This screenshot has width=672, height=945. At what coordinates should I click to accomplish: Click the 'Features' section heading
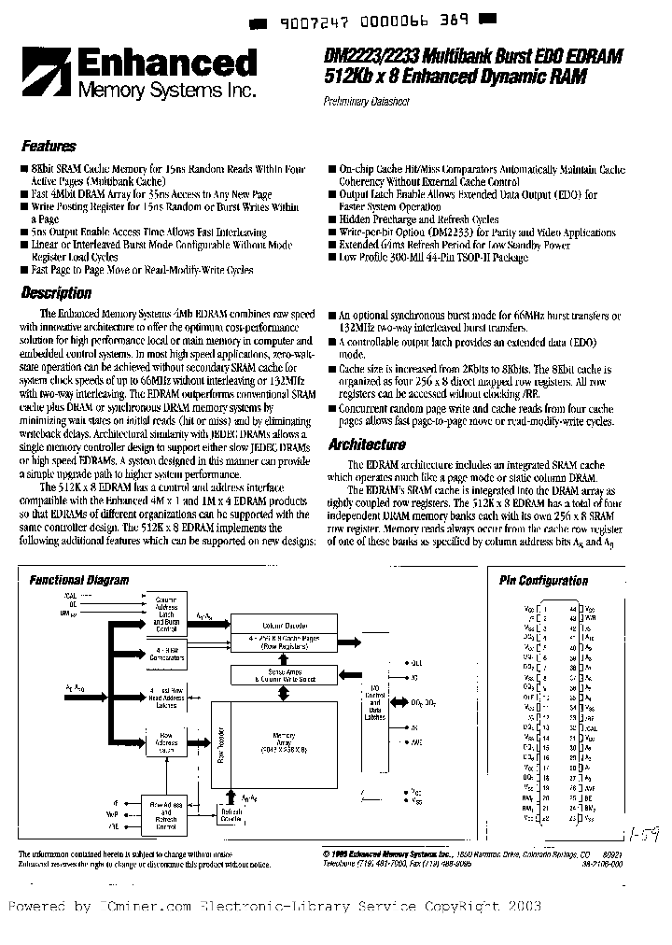pyautogui.click(x=49, y=147)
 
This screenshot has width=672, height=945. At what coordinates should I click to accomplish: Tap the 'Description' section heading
pyautogui.click(x=56, y=293)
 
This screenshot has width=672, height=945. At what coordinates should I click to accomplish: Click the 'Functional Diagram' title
pyautogui.click(x=79, y=580)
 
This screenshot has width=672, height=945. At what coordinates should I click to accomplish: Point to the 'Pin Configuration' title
pyautogui.click(x=543, y=580)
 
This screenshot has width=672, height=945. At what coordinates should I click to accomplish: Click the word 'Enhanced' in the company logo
pyautogui.click(x=165, y=64)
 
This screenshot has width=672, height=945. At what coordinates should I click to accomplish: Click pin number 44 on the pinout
pyautogui.click(x=571, y=608)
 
